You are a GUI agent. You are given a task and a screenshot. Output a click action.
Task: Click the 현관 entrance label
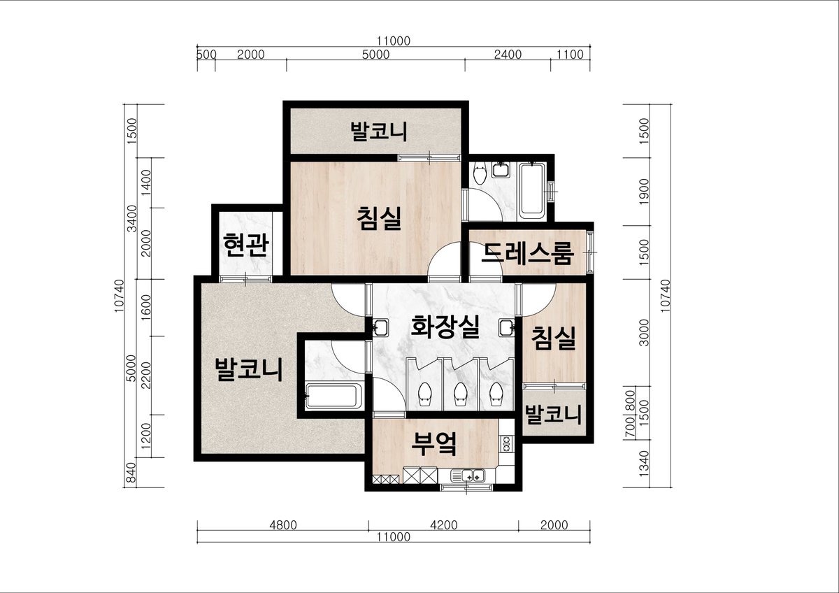tap(246, 245)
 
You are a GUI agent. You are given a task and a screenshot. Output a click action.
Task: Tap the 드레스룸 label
tap(527, 253)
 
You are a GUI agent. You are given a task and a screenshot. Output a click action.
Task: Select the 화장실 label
tap(445, 327)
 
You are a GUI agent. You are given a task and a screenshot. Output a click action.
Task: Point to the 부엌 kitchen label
tap(434, 443)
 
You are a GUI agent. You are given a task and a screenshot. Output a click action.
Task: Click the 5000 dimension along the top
tap(375, 55)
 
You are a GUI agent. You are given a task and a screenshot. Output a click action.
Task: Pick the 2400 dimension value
tap(508, 55)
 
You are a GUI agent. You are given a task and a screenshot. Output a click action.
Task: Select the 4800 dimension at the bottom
tap(283, 525)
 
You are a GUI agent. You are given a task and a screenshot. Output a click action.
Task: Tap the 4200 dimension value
tap(444, 525)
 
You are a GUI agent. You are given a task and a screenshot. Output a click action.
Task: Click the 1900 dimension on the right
tap(643, 192)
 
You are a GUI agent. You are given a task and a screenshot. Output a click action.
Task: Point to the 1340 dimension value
tap(643, 464)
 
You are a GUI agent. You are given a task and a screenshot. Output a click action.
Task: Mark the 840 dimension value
tap(132, 473)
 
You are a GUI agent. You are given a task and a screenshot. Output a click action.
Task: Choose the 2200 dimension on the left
tap(146, 375)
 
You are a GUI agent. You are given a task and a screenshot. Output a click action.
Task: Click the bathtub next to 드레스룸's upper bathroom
tap(531, 190)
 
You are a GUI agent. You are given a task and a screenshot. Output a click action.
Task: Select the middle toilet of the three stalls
tap(460, 394)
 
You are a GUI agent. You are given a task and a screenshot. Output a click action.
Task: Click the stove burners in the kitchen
tap(507, 443)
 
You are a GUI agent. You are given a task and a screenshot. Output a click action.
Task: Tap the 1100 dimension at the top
tap(570, 55)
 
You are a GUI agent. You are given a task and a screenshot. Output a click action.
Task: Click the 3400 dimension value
tap(132, 219)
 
